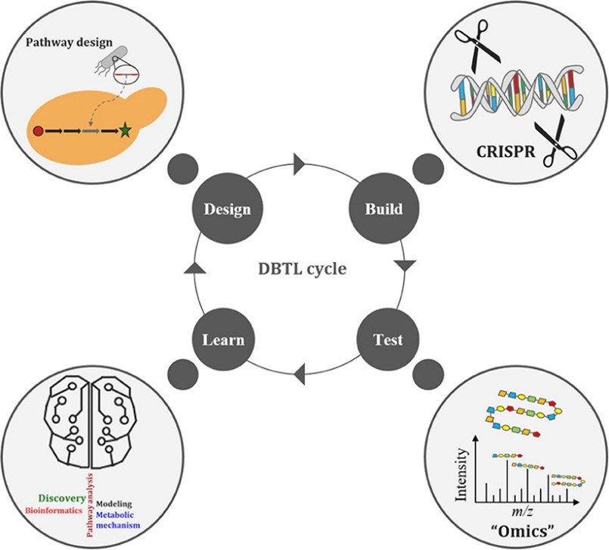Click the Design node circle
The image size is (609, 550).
[x=222, y=208]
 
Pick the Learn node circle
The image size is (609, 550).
[x=222, y=339]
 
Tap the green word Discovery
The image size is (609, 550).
[x=59, y=499]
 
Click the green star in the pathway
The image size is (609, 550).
[x=125, y=131]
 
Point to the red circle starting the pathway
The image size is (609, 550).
[x=38, y=131]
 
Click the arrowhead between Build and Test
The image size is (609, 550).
[x=405, y=265]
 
